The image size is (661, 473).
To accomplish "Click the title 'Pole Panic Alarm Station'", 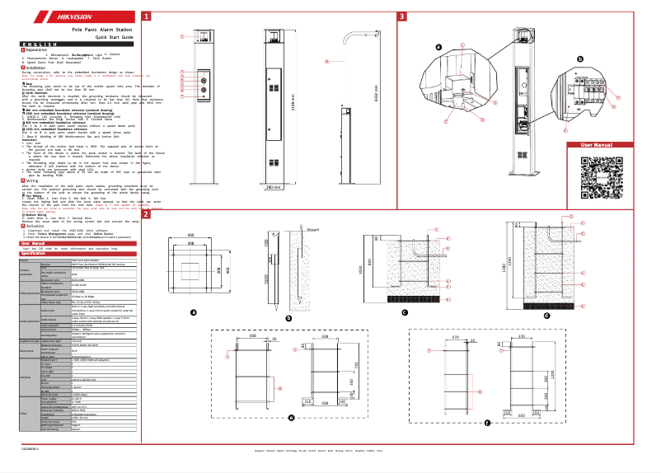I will tap(102, 30).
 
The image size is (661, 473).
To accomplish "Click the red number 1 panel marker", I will tap(147, 16).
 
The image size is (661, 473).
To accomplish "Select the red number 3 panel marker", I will tap(401, 16).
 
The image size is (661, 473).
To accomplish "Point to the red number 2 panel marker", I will tap(147, 215).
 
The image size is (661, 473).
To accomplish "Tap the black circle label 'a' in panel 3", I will tap(438, 47).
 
